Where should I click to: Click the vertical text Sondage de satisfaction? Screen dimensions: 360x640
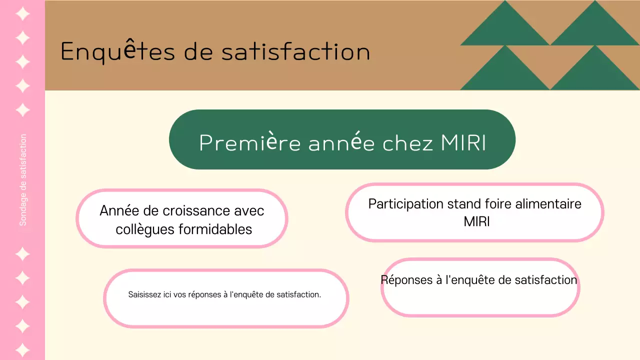(23, 180)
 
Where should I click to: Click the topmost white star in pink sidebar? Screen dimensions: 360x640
(22, 13)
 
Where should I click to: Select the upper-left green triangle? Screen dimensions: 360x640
(505, 30)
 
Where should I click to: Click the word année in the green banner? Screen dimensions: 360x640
(341, 143)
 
